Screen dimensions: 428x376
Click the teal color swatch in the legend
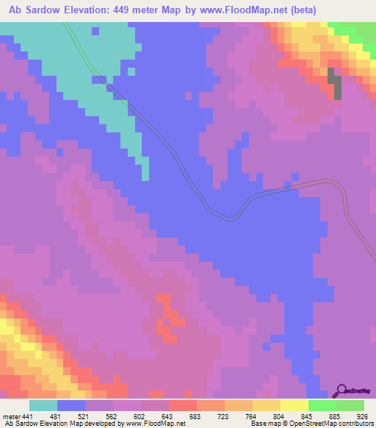click(43, 406)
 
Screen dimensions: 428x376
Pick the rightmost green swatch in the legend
click(350, 406)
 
